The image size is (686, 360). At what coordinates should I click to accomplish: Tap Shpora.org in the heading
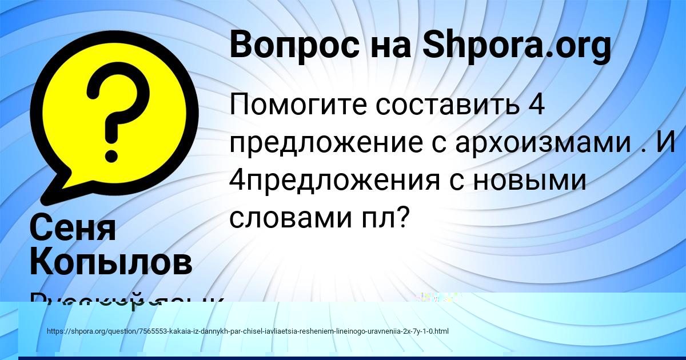[516, 46]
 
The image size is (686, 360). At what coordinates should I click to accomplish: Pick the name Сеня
[72, 227]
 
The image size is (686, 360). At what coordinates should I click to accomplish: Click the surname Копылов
[110, 262]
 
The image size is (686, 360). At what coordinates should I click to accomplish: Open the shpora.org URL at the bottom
[247, 331]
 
